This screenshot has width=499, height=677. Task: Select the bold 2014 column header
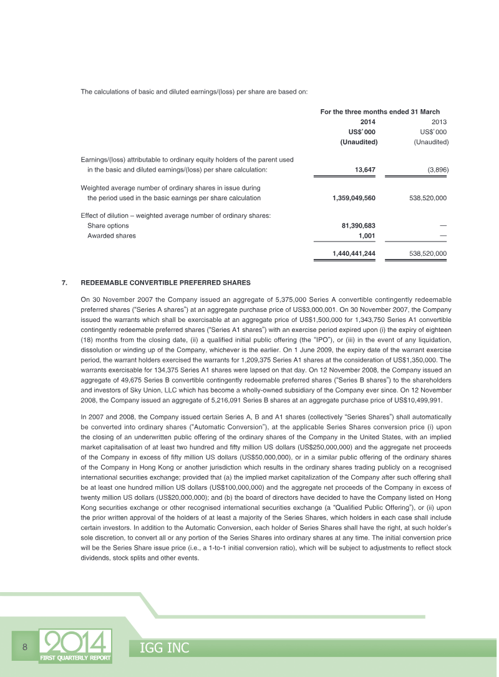pos(368,122)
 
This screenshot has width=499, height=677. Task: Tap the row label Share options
pos(108,225)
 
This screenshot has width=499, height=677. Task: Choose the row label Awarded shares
pos(111,235)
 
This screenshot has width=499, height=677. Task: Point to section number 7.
pos(64,283)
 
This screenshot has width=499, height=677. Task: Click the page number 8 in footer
pos(24,647)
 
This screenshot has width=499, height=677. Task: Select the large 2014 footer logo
pos(75,642)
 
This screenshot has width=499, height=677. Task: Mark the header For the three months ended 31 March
pos(380,112)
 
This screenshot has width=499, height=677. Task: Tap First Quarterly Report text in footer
pos(75,658)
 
